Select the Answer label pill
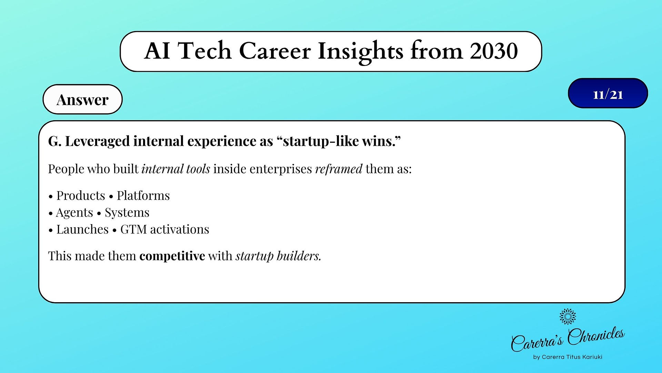tap(82, 99)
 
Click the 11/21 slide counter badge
tap(608, 93)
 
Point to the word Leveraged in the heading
tap(98, 142)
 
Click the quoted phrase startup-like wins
tap(339, 141)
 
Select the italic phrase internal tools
tap(176, 169)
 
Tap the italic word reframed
tap(339, 169)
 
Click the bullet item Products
tap(81, 195)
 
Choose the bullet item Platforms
tap(143, 195)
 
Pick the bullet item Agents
tap(74, 212)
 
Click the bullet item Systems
tap(127, 212)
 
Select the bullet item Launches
tap(82, 229)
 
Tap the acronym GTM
tap(133, 229)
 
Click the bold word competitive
tap(172, 256)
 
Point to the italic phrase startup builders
tap(278, 256)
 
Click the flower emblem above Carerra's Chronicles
tap(568, 316)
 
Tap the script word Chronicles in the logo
tap(596, 336)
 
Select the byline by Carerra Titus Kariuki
tap(568, 357)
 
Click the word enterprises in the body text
tap(281, 169)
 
